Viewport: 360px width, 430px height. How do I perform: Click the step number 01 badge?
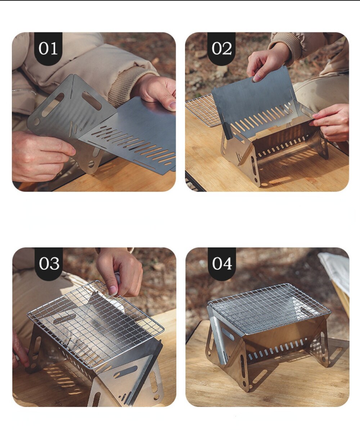coord(48,49)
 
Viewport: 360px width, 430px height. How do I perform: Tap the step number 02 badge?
coord(221,49)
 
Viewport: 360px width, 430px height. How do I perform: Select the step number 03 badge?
coord(49,264)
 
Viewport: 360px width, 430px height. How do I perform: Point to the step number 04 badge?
coord(222,264)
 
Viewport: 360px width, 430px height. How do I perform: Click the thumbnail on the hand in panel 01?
coord(172,105)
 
